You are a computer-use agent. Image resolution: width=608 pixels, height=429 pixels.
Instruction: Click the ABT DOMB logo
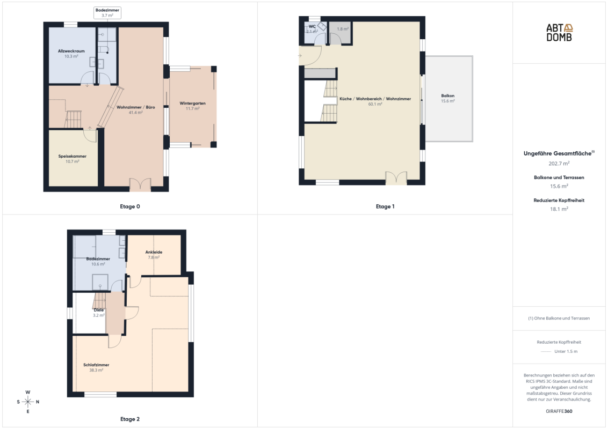click(559, 33)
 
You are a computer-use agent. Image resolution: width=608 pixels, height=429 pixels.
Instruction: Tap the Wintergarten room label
click(192, 103)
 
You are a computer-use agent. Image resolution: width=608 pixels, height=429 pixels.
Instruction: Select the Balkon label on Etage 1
click(447, 95)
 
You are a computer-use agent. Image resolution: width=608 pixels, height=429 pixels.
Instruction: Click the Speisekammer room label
click(73, 157)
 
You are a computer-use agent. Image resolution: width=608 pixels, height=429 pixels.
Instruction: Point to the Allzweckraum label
click(71, 51)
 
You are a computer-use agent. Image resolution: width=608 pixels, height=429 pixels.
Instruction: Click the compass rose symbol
click(28, 402)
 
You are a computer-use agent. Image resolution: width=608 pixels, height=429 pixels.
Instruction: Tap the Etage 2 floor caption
click(130, 419)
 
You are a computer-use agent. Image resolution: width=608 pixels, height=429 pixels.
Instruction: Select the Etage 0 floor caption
click(130, 206)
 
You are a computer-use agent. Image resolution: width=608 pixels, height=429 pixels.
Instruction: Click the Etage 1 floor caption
click(385, 206)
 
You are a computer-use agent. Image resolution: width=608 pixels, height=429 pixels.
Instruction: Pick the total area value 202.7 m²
click(559, 164)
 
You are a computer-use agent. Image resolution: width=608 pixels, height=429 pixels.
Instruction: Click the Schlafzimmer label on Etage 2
click(96, 365)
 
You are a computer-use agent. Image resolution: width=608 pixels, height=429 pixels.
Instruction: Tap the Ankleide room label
click(154, 252)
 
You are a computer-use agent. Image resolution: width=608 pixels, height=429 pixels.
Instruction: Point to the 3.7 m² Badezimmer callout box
click(107, 13)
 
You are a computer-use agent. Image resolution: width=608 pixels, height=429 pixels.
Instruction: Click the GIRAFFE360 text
click(559, 411)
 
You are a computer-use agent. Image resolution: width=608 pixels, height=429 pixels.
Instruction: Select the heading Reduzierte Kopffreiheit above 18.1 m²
click(559, 200)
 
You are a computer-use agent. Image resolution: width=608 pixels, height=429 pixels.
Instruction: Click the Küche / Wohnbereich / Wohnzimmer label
click(375, 99)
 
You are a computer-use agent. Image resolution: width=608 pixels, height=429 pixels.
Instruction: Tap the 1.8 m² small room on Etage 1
click(340, 33)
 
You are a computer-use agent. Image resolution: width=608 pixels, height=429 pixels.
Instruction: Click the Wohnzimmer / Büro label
click(136, 107)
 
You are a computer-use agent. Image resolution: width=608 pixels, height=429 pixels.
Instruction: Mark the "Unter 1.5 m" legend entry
click(566, 352)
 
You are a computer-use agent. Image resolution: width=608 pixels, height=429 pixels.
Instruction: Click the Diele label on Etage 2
click(98, 310)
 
